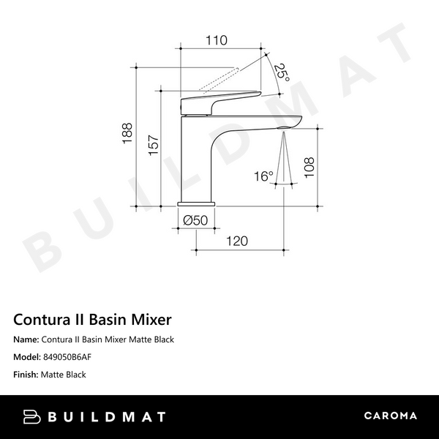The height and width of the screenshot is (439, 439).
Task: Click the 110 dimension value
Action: coord(216,41)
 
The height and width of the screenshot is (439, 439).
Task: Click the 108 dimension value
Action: coord(309,167)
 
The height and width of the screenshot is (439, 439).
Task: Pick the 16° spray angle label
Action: coord(264,176)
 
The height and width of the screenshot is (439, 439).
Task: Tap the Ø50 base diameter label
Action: coord(195,219)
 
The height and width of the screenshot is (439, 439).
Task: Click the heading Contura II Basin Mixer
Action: coord(92,320)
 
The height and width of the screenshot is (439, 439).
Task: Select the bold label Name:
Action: coord(26,339)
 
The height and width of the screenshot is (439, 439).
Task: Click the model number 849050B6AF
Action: coord(68,357)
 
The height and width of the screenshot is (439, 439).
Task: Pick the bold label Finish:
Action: coord(28,375)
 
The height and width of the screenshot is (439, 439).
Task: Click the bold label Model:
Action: coord(28,357)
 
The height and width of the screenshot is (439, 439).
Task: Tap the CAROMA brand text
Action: coord(391,416)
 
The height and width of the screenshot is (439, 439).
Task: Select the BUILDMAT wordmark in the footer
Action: coord(107,417)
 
